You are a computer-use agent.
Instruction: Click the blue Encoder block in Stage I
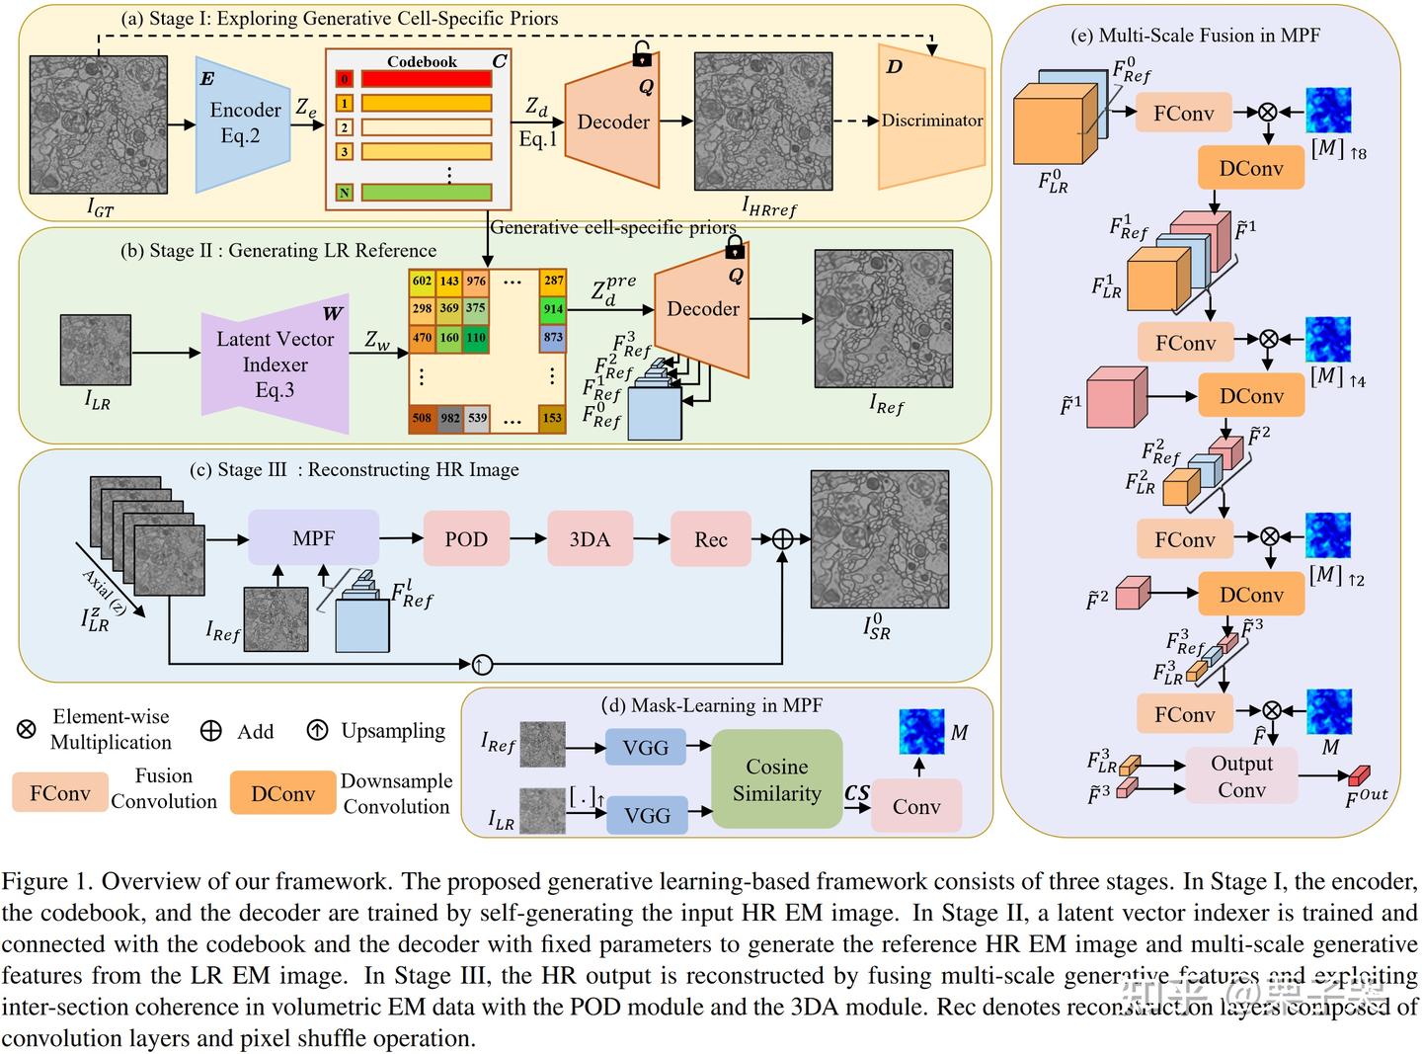pyautogui.click(x=243, y=122)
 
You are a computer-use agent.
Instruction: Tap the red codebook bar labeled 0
pyautogui.click(x=426, y=79)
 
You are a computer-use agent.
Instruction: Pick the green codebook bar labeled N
pyautogui.click(x=426, y=193)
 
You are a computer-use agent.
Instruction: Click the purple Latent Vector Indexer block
pyautogui.click(x=276, y=365)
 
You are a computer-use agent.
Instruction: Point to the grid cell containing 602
pyautogui.click(x=422, y=282)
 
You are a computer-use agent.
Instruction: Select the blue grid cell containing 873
pyautogui.click(x=553, y=337)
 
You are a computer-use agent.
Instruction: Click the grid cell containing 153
pyautogui.click(x=553, y=418)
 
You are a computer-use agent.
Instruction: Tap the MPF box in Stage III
pyautogui.click(x=313, y=538)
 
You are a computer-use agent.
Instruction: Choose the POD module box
pyautogui.click(x=466, y=539)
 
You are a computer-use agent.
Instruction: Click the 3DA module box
pyautogui.click(x=590, y=539)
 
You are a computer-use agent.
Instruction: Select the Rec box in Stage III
pyautogui.click(x=710, y=539)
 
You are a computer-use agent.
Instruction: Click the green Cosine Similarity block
pyautogui.click(x=777, y=779)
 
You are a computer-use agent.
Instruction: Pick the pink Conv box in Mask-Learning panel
pyautogui.click(x=916, y=806)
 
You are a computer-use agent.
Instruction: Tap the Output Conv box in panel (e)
pyautogui.click(x=1241, y=776)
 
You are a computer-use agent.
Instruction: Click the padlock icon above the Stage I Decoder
pyautogui.click(x=643, y=54)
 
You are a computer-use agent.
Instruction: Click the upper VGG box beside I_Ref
pyautogui.click(x=646, y=748)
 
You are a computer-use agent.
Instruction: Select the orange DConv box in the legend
pyautogui.click(x=282, y=793)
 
